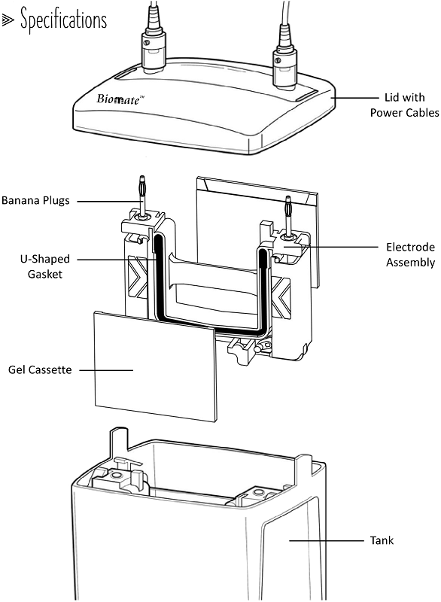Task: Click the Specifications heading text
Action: pyautogui.click(x=63, y=19)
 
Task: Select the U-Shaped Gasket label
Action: pyautogui.click(x=37, y=266)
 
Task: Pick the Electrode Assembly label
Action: pyautogui.click(x=410, y=254)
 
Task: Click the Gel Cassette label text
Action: pyautogui.click(x=39, y=369)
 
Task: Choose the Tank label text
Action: pyautogui.click(x=382, y=540)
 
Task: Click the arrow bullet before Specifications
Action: pyautogui.click(x=10, y=20)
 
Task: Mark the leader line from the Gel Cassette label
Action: pyautogui.click(x=105, y=369)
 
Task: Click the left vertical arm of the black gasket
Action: pyautogui.click(x=159, y=278)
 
